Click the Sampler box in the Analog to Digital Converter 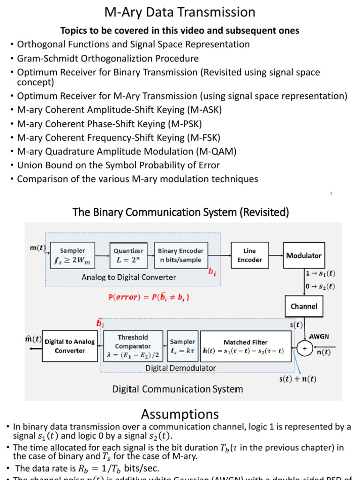coord(72,255)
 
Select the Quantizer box coord(128,255)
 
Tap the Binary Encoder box coord(180,255)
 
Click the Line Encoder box coord(249,255)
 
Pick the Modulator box coord(304,255)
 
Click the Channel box coord(304,307)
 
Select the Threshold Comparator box coord(133,346)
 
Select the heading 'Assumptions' coord(180,414)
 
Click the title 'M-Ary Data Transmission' coord(180,12)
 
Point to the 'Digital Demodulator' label coord(180,368)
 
